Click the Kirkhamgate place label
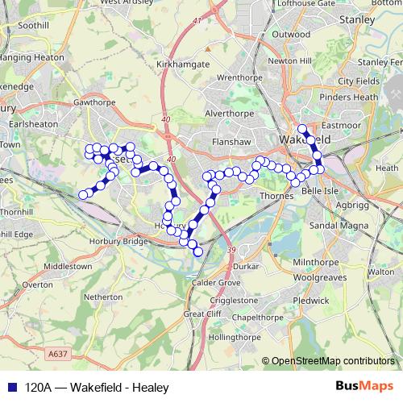coord(183,64)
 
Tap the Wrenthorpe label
coord(235,78)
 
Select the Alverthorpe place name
coord(227,114)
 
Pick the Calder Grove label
coord(213,282)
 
